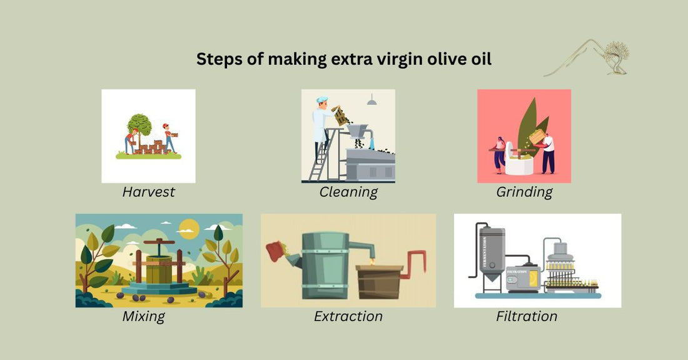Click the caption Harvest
tap(148, 192)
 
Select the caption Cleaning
tap(348, 192)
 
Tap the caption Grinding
tap(524, 192)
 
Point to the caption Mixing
tap(143, 316)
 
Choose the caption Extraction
tap(348, 316)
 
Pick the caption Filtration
tap(526, 316)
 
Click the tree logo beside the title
tap(616, 54)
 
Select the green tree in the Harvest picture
tap(139, 124)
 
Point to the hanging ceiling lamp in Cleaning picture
tap(372, 101)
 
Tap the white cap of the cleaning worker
tap(321, 99)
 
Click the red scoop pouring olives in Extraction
tap(275, 252)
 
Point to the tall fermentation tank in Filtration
tap(491, 256)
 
